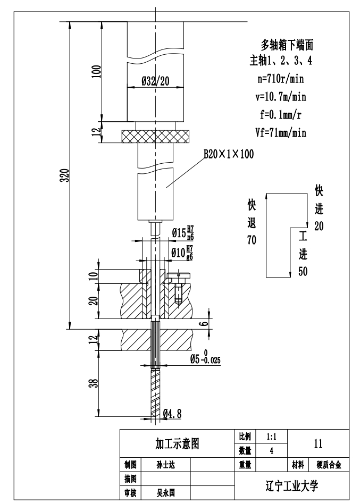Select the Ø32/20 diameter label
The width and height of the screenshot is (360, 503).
click(x=155, y=80)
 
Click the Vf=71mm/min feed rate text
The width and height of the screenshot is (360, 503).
click(x=281, y=132)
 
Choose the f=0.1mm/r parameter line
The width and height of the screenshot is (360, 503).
click(x=281, y=114)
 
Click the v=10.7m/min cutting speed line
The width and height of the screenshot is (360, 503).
click(x=281, y=97)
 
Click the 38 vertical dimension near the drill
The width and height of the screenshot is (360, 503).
click(x=94, y=383)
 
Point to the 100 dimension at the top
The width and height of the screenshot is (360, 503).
click(x=96, y=71)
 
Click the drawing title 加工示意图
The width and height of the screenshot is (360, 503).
click(x=177, y=443)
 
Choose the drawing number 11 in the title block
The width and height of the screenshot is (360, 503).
click(x=318, y=443)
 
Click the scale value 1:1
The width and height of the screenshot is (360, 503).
click(x=271, y=436)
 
